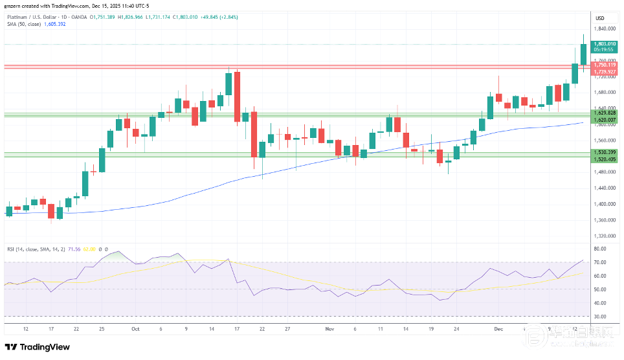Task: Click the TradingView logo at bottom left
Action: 38,347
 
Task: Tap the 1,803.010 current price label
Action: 604,44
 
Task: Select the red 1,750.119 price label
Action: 604,65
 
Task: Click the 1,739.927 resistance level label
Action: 604,71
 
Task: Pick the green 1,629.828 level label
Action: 604,113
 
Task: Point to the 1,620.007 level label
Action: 604,120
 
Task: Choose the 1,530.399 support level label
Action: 604,152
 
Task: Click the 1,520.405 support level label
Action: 604,159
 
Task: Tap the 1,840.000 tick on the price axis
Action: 604,28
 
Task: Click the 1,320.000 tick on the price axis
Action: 604,236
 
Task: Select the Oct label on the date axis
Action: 135,329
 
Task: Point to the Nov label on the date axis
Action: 329,329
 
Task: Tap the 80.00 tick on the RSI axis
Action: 600,249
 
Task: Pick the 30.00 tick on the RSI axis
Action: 600,317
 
